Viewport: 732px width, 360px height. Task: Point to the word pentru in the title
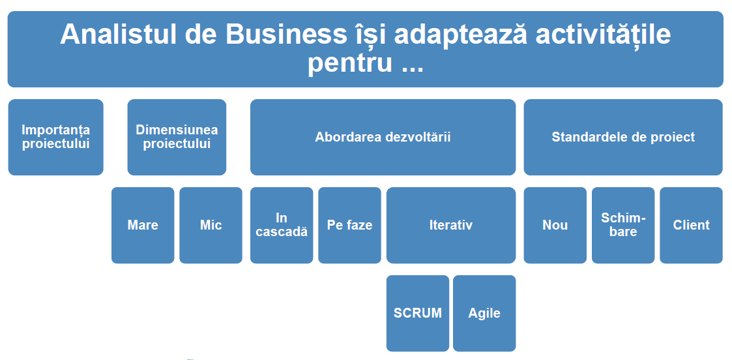point(349,62)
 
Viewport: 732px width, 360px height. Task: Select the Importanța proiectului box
point(55,137)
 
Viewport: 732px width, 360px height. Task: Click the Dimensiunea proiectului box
point(177,137)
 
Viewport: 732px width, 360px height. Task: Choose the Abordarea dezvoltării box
point(383,137)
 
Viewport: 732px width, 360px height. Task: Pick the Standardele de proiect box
point(623,137)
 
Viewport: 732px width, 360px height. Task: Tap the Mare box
point(143,225)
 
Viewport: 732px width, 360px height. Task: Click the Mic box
point(211,225)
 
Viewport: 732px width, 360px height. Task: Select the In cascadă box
point(282,225)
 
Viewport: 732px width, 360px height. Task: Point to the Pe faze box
point(349,225)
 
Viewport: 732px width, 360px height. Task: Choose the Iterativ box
point(451,225)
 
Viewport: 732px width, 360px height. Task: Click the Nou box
point(555,225)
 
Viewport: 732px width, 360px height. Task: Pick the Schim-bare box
point(623,225)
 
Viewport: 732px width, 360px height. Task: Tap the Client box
point(692,225)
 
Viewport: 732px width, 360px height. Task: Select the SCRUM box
point(418,313)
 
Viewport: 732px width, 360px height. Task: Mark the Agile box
point(484,313)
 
